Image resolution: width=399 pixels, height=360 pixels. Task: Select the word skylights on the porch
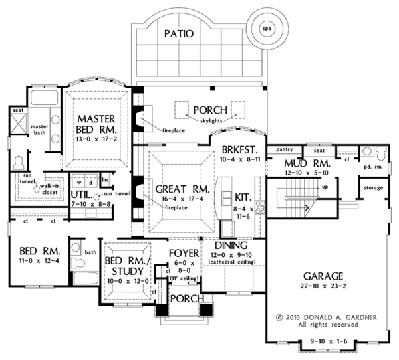pyautogui.click(x=209, y=122)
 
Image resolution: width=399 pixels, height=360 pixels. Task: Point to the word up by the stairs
pyautogui.click(x=325, y=187)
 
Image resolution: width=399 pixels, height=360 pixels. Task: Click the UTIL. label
pyautogui.click(x=82, y=195)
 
